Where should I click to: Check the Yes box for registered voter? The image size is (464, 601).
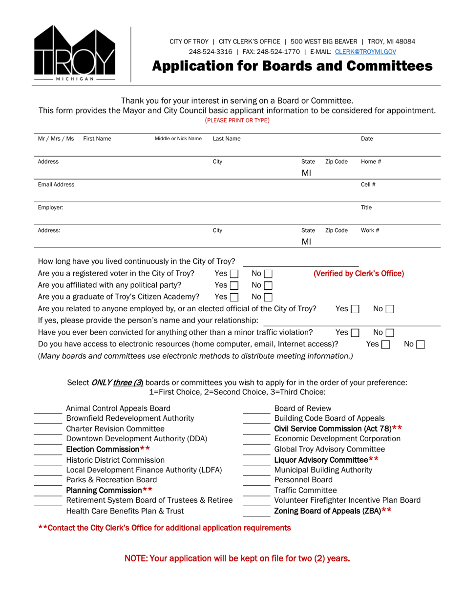[234, 274]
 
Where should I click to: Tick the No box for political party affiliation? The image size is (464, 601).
[268, 285]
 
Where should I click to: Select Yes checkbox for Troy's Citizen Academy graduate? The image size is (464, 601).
[234, 297]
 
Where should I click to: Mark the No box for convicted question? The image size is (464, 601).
[389, 333]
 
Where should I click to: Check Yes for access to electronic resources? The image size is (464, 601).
[385, 344]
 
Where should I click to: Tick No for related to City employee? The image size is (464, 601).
[389, 309]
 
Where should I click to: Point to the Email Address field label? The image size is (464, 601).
[56, 185]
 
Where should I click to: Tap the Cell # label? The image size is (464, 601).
[368, 185]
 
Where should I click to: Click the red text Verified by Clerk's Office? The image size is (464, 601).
[359, 274]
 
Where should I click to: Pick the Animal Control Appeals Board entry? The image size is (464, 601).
[118, 408]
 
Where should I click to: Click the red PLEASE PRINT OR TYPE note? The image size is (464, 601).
[237, 120]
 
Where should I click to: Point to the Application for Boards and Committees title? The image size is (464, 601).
[292, 66]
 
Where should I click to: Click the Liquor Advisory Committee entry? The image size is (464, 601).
[326, 459]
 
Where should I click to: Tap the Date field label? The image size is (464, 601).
[367, 139]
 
